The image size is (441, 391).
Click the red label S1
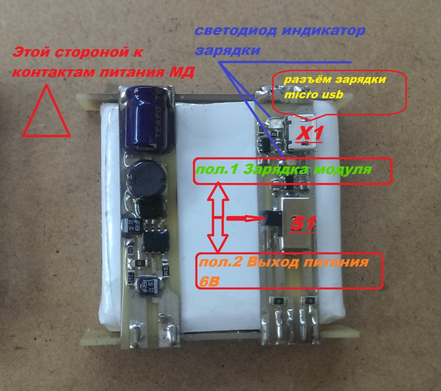click(302, 224)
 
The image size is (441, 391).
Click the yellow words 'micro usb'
click(314, 94)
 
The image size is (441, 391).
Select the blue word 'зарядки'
click(228, 50)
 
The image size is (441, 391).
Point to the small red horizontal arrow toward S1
click(245, 218)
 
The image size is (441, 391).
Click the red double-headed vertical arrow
click(218, 217)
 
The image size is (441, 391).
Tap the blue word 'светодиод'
click(236, 31)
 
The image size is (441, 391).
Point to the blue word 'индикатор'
click(323, 31)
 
